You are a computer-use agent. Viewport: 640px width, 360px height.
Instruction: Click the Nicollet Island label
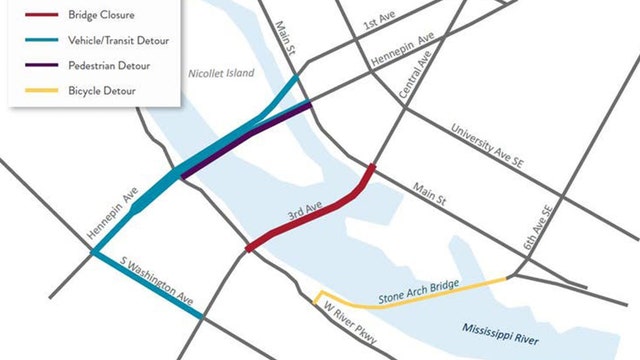pos(220,74)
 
